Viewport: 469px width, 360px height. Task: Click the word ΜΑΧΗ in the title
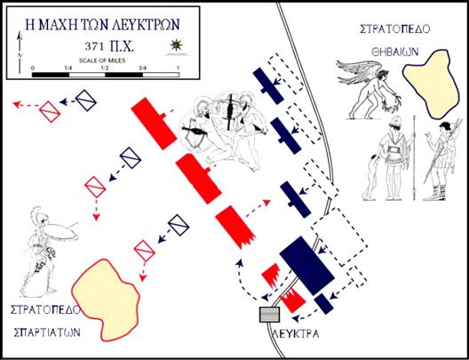pyautogui.click(x=60, y=24)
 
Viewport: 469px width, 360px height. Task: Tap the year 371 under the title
pyautogui.click(x=94, y=47)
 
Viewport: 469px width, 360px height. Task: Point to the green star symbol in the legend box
pyautogui.click(x=177, y=44)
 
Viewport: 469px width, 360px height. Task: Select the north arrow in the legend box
pyautogui.click(x=20, y=52)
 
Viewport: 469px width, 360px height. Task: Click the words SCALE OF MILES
pyautogui.click(x=102, y=60)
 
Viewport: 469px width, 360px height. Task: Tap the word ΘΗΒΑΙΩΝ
pyautogui.click(x=394, y=52)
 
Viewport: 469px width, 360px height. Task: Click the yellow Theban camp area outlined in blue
pyautogui.click(x=432, y=84)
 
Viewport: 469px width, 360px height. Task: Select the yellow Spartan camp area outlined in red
pyautogui.click(x=106, y=300)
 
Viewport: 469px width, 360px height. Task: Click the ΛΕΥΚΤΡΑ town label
pyautogui.click(x=296, y=333)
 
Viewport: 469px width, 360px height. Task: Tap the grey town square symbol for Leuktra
pyautogui.click(x=269, y=315)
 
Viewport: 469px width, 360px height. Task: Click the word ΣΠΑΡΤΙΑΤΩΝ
pyautogui.click(x=47, y=332)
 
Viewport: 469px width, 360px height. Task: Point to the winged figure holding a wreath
pyautogui.click(x=370, y=89)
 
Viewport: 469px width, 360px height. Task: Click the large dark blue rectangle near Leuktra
pyautogui.click(x=306, y=266)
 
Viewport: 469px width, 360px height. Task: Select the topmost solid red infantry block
pyautogui.click(x=154, y=124)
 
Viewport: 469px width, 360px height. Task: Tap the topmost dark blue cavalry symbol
pyautogui.click(x=85, y=100)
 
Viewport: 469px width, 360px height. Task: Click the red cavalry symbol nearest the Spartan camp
pyautogui.click(x=145, y=251)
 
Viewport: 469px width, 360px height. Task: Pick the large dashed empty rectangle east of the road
pyautogui.click(x=339, y=236)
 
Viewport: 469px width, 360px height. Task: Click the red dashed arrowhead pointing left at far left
pyautogui.click(x=17, y=104)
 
